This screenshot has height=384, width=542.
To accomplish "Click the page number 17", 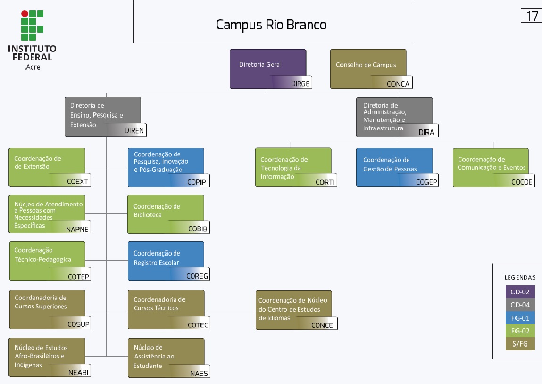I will pos(532,16).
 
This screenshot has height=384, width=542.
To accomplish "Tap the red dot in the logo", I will pos(25,14).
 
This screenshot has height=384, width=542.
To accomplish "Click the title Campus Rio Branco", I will pos(271,25).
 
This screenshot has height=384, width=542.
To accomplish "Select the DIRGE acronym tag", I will pos(300,84).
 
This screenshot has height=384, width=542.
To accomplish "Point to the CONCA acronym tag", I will pos(398,84).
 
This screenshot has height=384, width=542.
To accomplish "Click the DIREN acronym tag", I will pos(134,131).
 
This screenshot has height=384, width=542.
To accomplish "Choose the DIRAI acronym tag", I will pos(427,132).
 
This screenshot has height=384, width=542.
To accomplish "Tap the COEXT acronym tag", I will pos(78,181).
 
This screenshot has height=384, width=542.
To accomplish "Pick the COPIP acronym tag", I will pos(196,182).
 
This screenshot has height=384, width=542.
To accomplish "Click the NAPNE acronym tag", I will pos(77,229).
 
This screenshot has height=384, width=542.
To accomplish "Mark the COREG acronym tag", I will pos(197,276).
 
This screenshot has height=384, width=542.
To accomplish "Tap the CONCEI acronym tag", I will pos(323,325).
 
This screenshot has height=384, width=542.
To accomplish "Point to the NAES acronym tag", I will pos(199,373).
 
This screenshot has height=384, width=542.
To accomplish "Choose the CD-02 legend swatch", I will pos(520,292).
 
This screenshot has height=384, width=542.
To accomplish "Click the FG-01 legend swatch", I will pos(520,318).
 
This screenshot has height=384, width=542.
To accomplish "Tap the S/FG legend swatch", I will pos(520,344).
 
